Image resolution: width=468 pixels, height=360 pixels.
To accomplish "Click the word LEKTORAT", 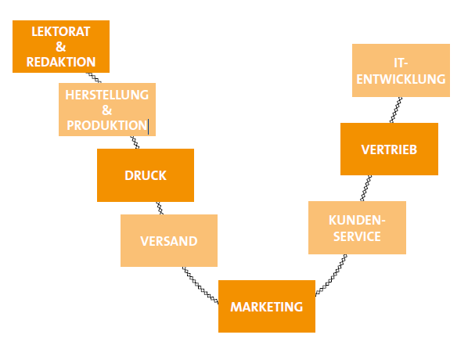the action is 61,31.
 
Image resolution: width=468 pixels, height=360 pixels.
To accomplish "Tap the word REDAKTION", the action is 61,62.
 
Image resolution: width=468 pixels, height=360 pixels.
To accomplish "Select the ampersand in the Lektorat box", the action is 60,47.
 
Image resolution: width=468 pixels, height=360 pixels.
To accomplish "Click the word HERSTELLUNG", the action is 107,95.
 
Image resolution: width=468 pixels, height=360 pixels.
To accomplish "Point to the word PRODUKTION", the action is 107,125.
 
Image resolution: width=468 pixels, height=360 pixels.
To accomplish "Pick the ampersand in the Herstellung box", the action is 107,110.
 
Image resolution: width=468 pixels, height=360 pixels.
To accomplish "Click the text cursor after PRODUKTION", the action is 149,126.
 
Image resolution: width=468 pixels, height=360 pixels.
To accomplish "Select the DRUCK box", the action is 146,175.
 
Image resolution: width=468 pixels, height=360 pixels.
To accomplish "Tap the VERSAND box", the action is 169,240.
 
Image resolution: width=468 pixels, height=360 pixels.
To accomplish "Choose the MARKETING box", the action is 267,306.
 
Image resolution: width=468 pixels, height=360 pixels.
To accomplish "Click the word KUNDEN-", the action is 357,220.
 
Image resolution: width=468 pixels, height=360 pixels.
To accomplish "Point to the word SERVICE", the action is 357,236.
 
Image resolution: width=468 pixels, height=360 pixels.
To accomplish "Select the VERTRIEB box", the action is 389,149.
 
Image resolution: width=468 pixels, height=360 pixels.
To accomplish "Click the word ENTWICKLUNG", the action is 401,79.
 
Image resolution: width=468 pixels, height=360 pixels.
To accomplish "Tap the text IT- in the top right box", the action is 401,63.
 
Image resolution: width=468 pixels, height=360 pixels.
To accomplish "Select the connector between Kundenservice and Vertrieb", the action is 366,188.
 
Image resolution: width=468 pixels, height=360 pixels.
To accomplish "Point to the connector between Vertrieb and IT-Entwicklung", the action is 396,110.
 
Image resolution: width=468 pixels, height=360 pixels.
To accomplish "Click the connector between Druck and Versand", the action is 160,208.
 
